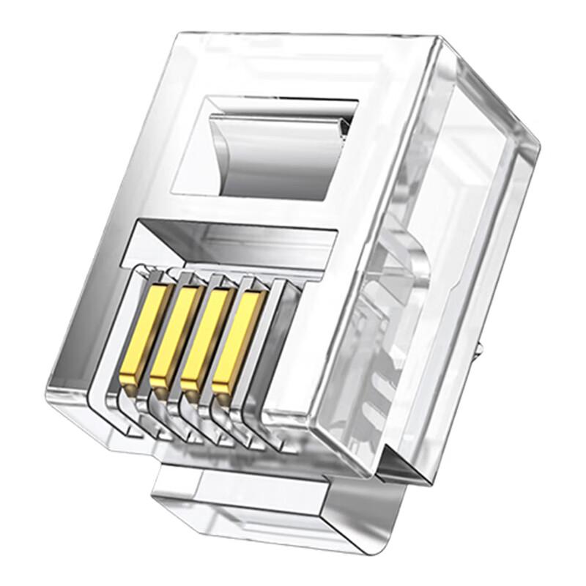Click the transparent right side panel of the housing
click(439, 293)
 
